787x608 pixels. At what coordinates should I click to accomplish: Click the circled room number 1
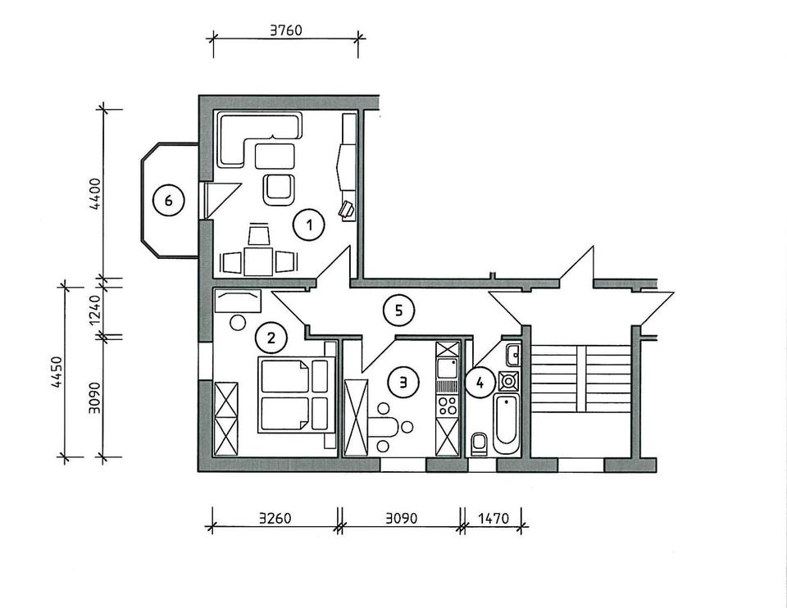pyautogui.click(x=310, y=224)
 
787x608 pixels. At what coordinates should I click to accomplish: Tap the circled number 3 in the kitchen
pyautogui.click(x=403, y=381)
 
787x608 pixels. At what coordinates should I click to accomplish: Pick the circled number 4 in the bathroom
pyautogui.click(x=480, y=382)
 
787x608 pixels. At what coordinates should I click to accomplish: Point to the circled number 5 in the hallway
pyautogui.click(x=398, y=310)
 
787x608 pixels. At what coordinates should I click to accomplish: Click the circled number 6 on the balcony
pyautogui.click(x=169, y=200)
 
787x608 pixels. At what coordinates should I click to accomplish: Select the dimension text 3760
pyautogui.click(x=286, y=32)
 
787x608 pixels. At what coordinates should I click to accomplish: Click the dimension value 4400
pyautogui.click(x=94, y=194)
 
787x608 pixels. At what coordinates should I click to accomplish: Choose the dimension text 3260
pyautogui.click(x=275, y=518)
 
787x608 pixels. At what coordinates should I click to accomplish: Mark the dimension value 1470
pyautogui.click(x=494, y=518)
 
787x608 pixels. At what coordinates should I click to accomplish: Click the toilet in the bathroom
pyautogui.click(x=480, y=442)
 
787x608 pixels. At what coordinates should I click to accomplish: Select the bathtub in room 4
pyautogui.click(x=506, y=420)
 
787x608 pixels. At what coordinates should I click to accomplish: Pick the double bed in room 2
pyautogui.click(x=294, y=395)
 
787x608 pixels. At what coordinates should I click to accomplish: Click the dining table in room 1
pyautogui.click(x=259, y=261)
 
